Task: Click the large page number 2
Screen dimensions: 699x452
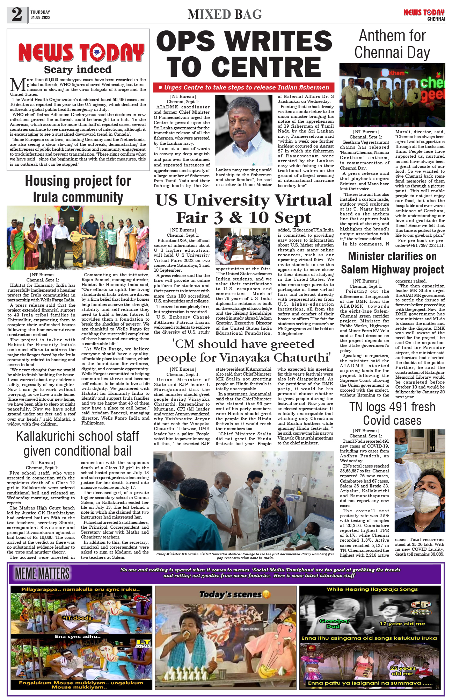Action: [17, 15]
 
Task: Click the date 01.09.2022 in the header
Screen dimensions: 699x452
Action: [40, 17]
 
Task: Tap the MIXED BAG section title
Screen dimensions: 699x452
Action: [225, 15]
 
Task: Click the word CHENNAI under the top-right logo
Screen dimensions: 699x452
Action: [436, 19]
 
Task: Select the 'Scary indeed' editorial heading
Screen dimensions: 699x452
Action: [78, 70]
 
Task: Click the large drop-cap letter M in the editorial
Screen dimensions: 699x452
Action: [18, 85]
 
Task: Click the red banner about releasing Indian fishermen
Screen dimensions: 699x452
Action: [243, 87]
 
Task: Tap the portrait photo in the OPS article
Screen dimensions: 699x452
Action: [243, 130]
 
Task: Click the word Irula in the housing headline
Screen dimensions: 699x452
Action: [49, 197]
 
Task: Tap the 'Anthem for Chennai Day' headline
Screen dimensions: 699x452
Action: [392, 44]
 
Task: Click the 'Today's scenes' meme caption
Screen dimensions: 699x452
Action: [231, 594]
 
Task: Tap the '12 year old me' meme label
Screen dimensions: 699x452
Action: [402, 623]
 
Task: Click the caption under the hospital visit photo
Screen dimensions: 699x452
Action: [245, 556]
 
